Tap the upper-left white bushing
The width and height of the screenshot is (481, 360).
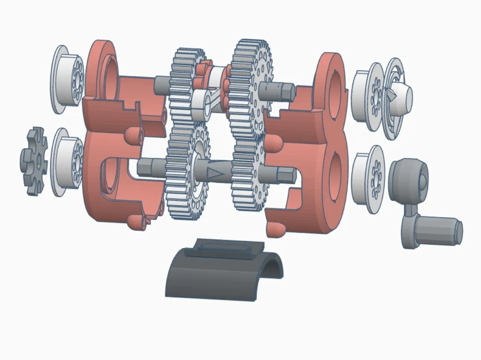pyautogui.click(x=67, y=79)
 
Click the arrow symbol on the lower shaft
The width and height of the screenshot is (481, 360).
pyautogui.click(x=215, y=172)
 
